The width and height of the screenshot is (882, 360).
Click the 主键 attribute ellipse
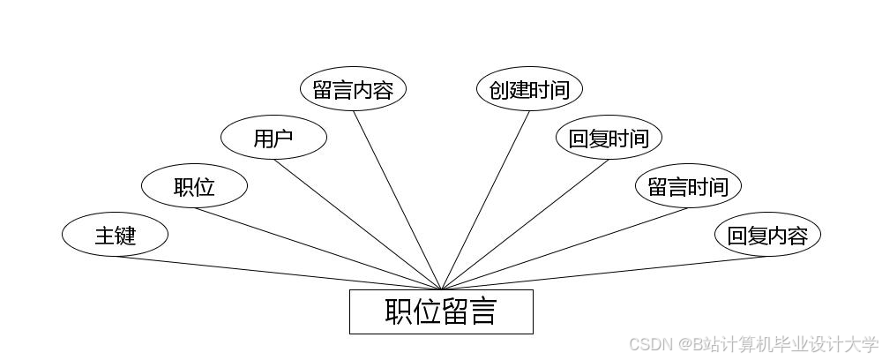[x=115, y=235]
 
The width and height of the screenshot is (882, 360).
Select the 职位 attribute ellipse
[x=194, y=186]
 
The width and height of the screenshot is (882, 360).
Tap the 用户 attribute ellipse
[x=273, y=138]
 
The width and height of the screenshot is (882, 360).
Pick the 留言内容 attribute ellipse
[x=353, y=89]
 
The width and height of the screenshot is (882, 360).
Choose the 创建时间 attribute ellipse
[x=529, y=89]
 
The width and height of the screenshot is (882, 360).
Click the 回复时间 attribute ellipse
[x=609, y=138]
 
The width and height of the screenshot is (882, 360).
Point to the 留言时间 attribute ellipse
[x=688, y=186]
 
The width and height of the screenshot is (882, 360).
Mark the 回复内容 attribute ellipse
[x=767, y=235]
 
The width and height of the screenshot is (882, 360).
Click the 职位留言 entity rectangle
[x=441, y=311]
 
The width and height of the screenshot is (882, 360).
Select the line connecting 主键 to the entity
[x=278, y=273]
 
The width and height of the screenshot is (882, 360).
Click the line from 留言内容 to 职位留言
[x=397, y=200]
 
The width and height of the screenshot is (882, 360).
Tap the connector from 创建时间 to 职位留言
[x=485, y=200]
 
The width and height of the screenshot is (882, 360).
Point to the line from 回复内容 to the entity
[x=604, y=273]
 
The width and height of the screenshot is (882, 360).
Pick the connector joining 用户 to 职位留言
[x=357, y=224]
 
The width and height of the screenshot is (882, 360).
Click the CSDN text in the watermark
[x=648, y=344]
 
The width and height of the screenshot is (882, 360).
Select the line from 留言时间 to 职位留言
[x=564, y=249]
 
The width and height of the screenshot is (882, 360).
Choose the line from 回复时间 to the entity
[x=525, y=224]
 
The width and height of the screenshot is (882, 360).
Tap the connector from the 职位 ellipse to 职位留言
[x=318, y=249]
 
